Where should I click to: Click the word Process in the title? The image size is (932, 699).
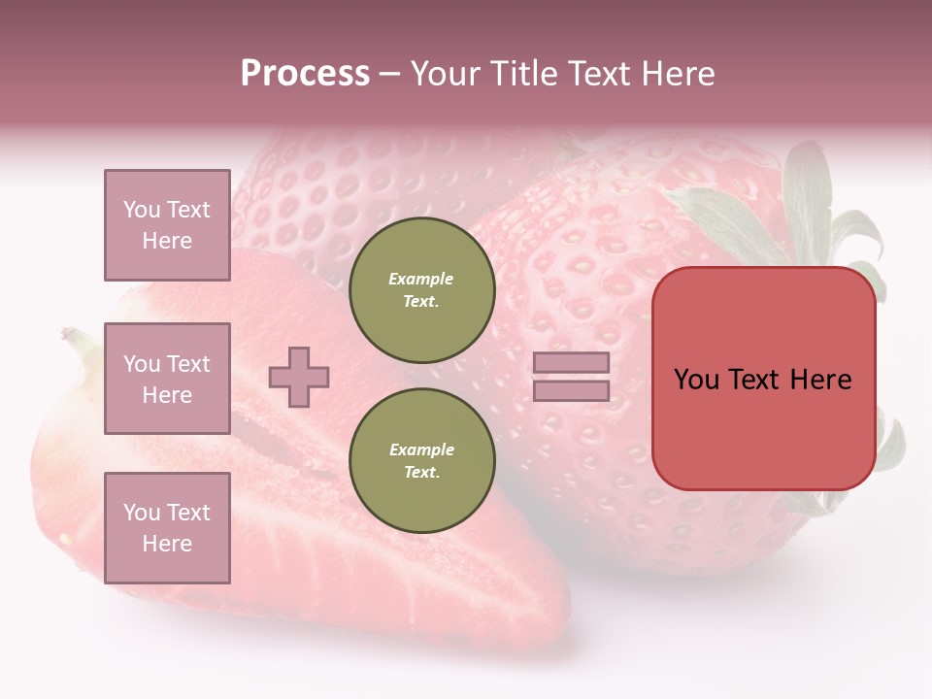pyautogui.click(x=305, y=74)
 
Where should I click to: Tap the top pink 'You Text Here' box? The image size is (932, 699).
pyautogui.click(x=167, y=225)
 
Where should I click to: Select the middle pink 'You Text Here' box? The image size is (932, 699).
pyautogui.click(x=167, y=379)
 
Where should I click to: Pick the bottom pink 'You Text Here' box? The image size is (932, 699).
pyautogui.click(x=167, y=528)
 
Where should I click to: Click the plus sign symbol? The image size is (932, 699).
pyautogui.click(x=299, y=377)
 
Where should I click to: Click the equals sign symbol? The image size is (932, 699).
pyautogui.click(x=572, y=377)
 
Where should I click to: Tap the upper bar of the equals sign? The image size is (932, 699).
pyautogui.click(x=572, y=363)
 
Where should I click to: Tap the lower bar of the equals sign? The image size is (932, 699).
pyautogui.click(x=572, y=390)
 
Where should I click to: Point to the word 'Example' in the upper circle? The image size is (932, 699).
pyautogui.click(x=421, y=279)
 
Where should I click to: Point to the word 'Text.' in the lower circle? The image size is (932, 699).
pyautogui.click(x=421, y=472)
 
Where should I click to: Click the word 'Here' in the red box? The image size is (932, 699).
pyautogui.click(x=820, y=380)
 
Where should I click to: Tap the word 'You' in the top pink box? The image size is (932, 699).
pyautogui.click(x=142, y=210)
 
